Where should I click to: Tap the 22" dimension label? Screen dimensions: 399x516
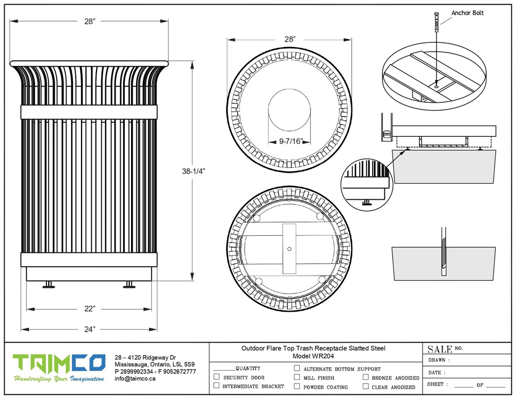click(x=90, y=309)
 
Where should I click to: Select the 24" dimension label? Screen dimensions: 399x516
click(x=90, y=329)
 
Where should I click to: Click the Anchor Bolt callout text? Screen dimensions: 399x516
click(x=467, y=13)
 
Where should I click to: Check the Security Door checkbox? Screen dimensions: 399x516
click(x=217, y=377)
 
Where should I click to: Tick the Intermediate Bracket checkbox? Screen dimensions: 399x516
click(x=217, y=386)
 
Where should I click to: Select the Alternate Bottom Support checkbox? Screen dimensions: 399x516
click(x=297, y=369)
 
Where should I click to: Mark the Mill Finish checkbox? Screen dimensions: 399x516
click(x=297, y=377)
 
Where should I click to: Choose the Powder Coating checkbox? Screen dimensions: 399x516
click(x=297, y=386)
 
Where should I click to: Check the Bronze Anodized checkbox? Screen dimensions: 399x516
click(x=365, y=377)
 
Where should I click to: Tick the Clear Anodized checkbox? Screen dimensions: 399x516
click(x=365, y=386)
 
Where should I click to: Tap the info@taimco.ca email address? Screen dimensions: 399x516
click(x=135, y=378)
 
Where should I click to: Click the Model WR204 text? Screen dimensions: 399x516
click(x=314, y=356)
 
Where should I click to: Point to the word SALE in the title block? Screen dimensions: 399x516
click(x=440, y=349)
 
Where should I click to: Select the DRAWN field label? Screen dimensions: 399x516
click(x=439, y=360)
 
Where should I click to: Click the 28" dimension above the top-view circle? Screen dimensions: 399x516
click(x=289, y=39)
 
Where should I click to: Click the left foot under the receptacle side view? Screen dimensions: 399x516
click(x=49, y=284)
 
